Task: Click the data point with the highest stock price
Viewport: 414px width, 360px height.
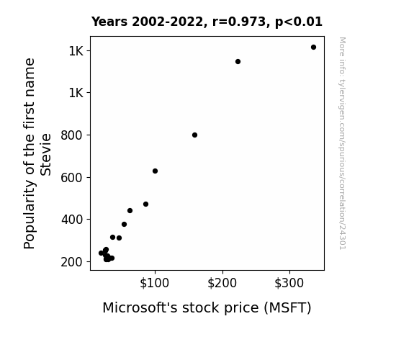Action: [313, 48]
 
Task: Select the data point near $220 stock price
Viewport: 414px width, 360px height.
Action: [238, 61]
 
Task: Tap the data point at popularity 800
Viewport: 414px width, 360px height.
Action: [195, 135]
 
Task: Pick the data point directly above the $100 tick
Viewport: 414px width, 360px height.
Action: [156, 171]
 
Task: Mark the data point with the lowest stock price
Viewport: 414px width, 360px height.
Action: [101, 253]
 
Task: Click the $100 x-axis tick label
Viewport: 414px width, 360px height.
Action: [155, 283]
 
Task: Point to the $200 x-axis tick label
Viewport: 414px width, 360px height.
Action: [222, 283]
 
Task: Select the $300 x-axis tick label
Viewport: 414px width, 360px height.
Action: [289, 283]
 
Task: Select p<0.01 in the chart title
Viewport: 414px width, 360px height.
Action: [299, 22]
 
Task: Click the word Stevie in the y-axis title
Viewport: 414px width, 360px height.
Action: [45, 155]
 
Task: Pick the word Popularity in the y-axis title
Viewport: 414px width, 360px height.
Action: [30, 214]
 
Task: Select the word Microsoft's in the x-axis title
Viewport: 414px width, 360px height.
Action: [140, 307]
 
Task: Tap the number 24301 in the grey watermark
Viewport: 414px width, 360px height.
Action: [343, 236]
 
